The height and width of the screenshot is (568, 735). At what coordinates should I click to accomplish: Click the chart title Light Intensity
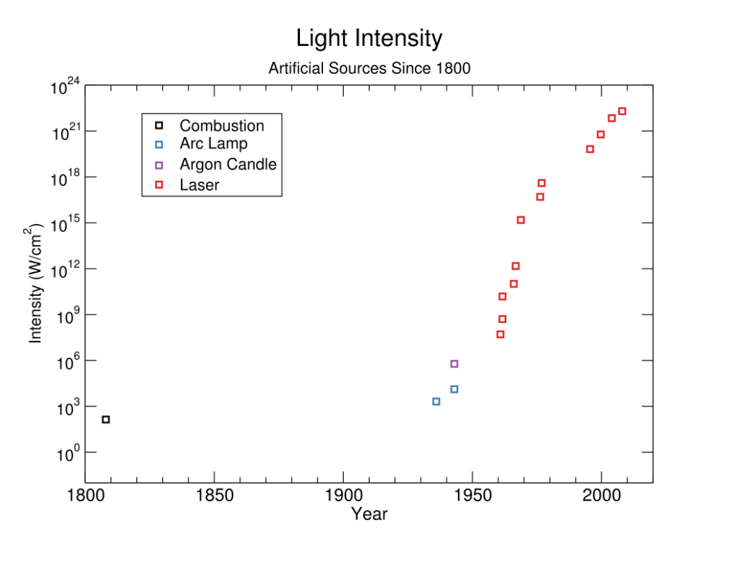tap(369, 38)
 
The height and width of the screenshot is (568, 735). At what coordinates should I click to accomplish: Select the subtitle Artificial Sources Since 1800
tap(369, 69)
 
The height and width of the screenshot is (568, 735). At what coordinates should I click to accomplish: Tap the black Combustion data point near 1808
tap(106, 419)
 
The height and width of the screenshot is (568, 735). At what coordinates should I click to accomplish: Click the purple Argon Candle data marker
tap(454, 364)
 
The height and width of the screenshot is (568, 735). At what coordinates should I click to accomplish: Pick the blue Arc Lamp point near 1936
tap(436, 401)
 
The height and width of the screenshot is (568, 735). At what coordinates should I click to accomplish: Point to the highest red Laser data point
tap(622, 111)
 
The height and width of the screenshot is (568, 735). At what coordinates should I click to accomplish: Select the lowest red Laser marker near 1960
tap(500, 335)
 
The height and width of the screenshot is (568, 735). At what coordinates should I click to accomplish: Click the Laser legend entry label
tap(199, 185)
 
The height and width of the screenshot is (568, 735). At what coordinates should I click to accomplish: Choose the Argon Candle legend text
tap(228, 164)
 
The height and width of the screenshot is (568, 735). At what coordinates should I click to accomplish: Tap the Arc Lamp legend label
tap(213, 144)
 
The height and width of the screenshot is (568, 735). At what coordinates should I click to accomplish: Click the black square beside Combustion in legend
tap(159, 126)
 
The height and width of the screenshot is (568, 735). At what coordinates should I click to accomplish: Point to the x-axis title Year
tap(369, 514)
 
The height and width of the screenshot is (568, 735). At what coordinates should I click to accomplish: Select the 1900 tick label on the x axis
tap(343, 496)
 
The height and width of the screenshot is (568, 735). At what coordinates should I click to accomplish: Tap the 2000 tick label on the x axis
tap(601, 496)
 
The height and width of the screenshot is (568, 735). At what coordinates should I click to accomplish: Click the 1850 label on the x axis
tap(214, 496)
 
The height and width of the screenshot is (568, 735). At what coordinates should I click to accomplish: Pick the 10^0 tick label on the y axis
tap(67, 455)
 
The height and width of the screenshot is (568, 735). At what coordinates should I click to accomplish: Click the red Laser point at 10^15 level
tap(520, 220)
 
